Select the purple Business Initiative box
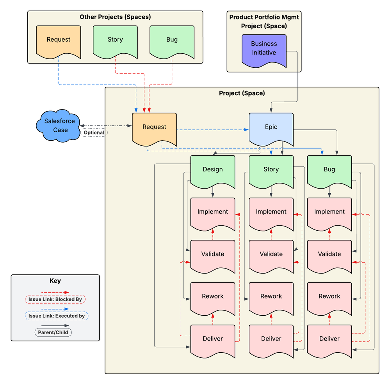coord(264,48)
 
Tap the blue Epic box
coord(271,127)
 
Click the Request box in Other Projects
coord(59,40)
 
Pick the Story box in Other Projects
coord(115,40)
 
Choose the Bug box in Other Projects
coord(172,40)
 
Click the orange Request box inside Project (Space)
coord(154,127)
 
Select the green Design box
coord(213,170)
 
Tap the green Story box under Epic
coord(271,170)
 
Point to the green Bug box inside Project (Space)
coord(329,170)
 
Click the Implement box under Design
coord(213,212)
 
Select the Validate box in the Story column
coord(271,254)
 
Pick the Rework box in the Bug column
coord(329,296)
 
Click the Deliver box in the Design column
coord(213,339)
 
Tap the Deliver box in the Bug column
coord(329,339)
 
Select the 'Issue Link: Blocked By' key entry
coord(55,299)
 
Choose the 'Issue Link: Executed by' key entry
coord(57,316)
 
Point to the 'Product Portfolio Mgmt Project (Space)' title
coord(264,21)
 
